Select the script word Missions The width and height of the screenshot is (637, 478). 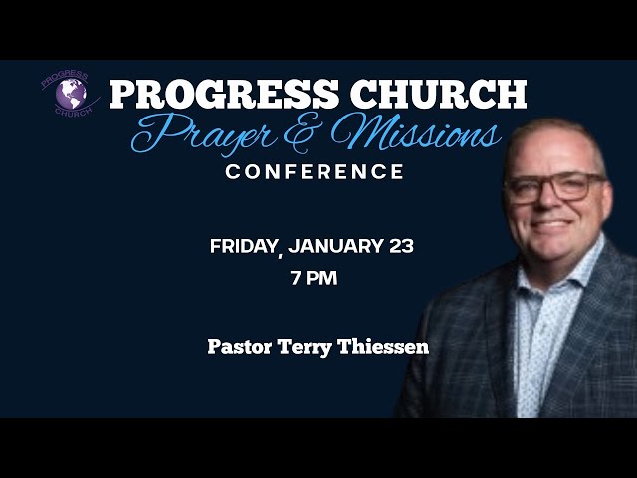(418, 134)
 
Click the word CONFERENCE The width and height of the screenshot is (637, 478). (315, 172)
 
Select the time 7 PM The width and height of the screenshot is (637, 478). (314, 278)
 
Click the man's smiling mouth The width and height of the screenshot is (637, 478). (553, 225)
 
